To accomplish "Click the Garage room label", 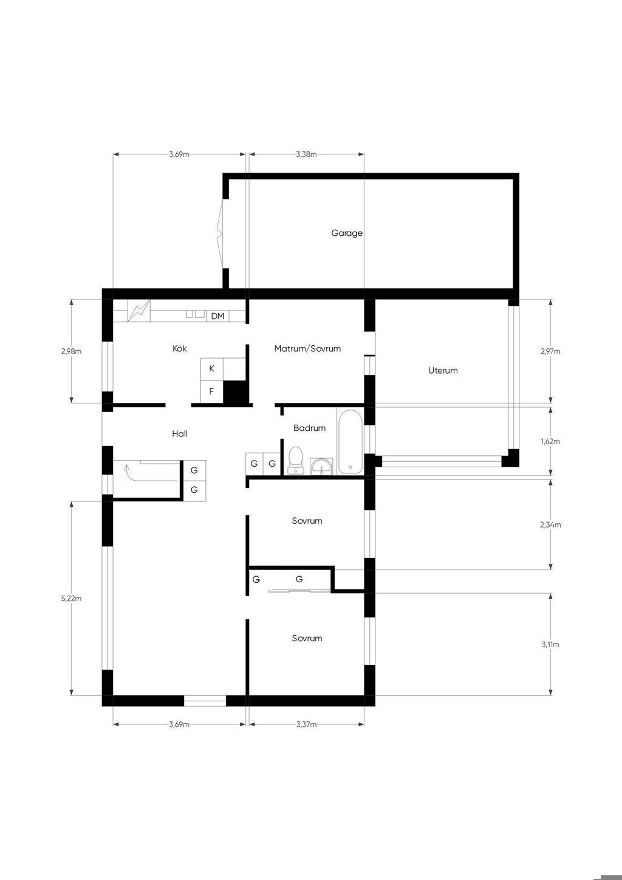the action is (x=347, y=233).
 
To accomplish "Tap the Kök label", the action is (x=179, y=348).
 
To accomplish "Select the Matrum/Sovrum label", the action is (x=307, y=348).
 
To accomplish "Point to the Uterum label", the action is (x=443, y=371).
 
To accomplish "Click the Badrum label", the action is (x=309, y=428).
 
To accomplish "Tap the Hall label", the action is (x=179, y=434).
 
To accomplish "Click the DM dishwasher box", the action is (x=217, y=316).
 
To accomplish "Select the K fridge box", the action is (x=211, y=369).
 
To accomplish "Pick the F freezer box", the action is (x=211, y=391).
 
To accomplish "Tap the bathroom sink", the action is (x=321, y=466).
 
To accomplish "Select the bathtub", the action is (x=350, y=442).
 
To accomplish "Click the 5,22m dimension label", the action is (x=71, y=599).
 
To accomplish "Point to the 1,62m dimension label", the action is (x=550, y=441).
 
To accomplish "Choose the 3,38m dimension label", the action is (x=306, y=154).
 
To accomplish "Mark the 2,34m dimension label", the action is (x=550, y=524).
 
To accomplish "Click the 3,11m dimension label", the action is (x=550, y=644).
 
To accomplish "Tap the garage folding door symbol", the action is (x=219, y=235).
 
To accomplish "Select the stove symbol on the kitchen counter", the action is (x=139, y=311).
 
